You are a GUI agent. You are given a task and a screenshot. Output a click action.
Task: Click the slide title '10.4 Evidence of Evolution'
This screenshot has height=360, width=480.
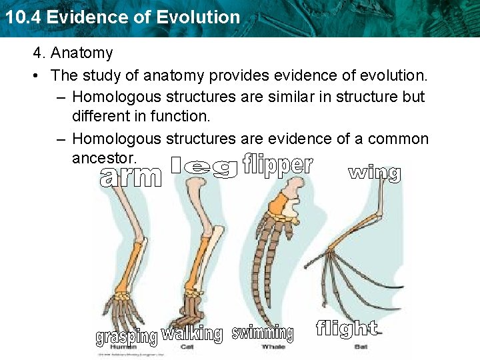121,17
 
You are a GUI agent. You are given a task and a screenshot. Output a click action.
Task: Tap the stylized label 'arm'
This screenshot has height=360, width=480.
131,177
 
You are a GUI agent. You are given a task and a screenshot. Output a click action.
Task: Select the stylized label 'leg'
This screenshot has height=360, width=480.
203,167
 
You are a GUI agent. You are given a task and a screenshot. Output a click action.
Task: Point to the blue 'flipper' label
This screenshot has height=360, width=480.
277,165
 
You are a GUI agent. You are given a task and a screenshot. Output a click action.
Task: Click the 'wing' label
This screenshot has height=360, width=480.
374,173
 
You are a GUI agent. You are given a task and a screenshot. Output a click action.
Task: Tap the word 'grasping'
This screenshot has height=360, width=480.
126,337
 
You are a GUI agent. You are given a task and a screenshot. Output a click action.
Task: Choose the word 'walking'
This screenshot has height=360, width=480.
192,333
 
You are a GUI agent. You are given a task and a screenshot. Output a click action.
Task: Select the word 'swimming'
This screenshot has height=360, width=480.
263,332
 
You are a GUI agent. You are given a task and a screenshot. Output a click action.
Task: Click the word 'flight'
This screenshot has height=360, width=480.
346,328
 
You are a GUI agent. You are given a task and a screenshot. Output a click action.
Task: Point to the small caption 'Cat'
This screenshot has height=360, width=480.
188,347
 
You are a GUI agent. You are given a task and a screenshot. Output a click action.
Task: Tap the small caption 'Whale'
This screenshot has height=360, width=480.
273,347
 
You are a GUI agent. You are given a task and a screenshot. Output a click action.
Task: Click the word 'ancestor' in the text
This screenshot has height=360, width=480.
104,158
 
